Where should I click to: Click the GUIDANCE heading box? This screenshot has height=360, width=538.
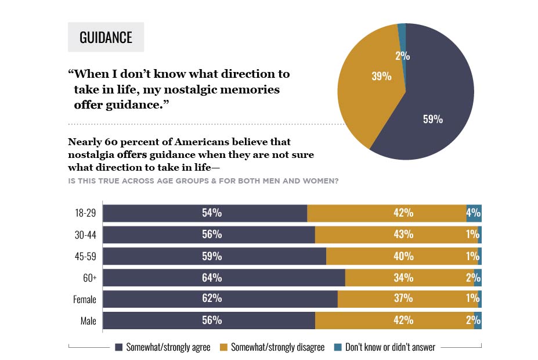(x=106, y=38)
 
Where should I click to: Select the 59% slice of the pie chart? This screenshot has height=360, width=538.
(x=433, y=120)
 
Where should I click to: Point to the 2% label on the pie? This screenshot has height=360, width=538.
(x=403, y=56)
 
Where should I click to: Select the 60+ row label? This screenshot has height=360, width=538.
(x=89, y=278)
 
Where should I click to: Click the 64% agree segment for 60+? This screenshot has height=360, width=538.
(x=212, y=278)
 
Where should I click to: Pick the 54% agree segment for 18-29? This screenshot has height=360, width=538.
(x=212, y=213)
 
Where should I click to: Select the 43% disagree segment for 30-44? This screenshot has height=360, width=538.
(x=403, y=235)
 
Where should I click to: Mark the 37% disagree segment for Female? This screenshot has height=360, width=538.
(x=403, y=298)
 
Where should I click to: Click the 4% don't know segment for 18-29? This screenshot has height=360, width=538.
(x=474, y=213)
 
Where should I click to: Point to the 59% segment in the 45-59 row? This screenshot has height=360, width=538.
(x=212, y=256)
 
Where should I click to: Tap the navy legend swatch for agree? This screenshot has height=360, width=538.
(x=120, y=347)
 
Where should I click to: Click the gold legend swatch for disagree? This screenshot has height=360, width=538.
(x=223, y=347)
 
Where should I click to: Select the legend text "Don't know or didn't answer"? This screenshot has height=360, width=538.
(x=390, y=347)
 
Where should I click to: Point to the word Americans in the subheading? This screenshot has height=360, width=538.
(x=210, y=141)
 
